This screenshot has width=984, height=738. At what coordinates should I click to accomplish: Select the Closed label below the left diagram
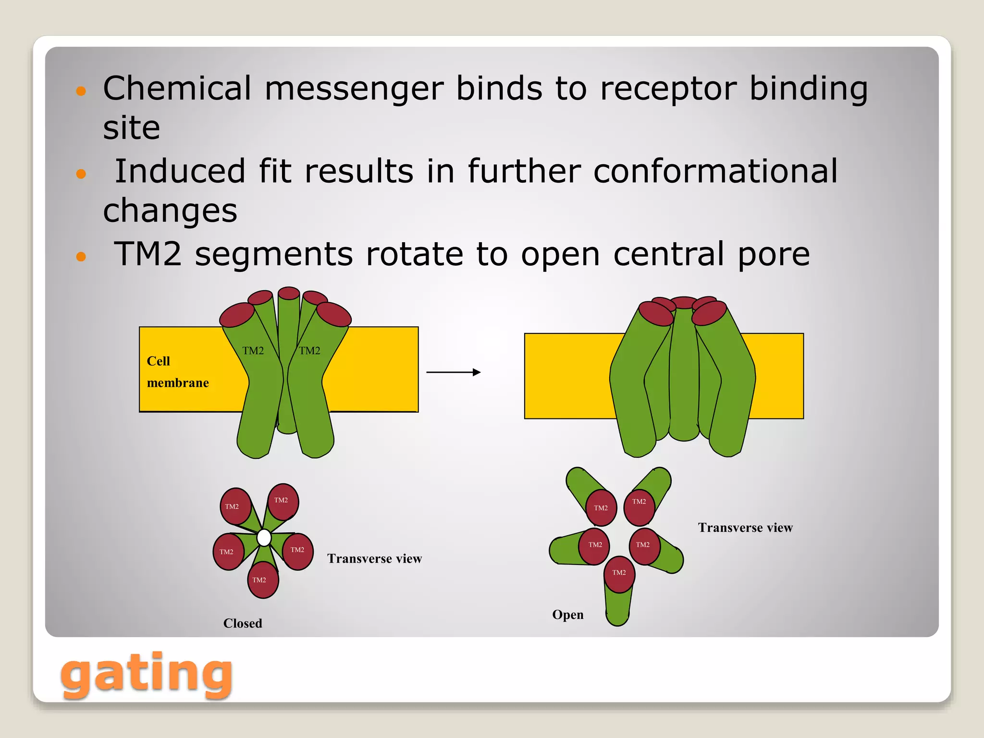(243, 623)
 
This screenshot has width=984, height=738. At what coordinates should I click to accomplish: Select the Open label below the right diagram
(567, 615)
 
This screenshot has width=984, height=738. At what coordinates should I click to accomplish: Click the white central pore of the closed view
(264, 538)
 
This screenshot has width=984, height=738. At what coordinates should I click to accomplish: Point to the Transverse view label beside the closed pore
(374, 558)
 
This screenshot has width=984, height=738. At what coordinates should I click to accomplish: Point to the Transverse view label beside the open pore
(745, 528)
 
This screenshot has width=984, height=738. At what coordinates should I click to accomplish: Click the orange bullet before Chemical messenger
(81, 91)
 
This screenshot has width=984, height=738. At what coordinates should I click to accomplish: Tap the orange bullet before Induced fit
(81, 173)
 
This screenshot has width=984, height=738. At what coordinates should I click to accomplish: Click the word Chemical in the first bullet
(177, 88)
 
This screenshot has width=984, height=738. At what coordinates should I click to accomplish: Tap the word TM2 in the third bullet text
(148, 254)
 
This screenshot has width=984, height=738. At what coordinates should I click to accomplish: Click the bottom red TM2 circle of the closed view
(262, 579)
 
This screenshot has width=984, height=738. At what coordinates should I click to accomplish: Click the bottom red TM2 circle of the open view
(619, 573)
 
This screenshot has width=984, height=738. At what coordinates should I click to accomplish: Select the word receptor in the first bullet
(668, 88)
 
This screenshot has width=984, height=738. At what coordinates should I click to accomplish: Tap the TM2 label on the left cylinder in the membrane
(253, 351)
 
